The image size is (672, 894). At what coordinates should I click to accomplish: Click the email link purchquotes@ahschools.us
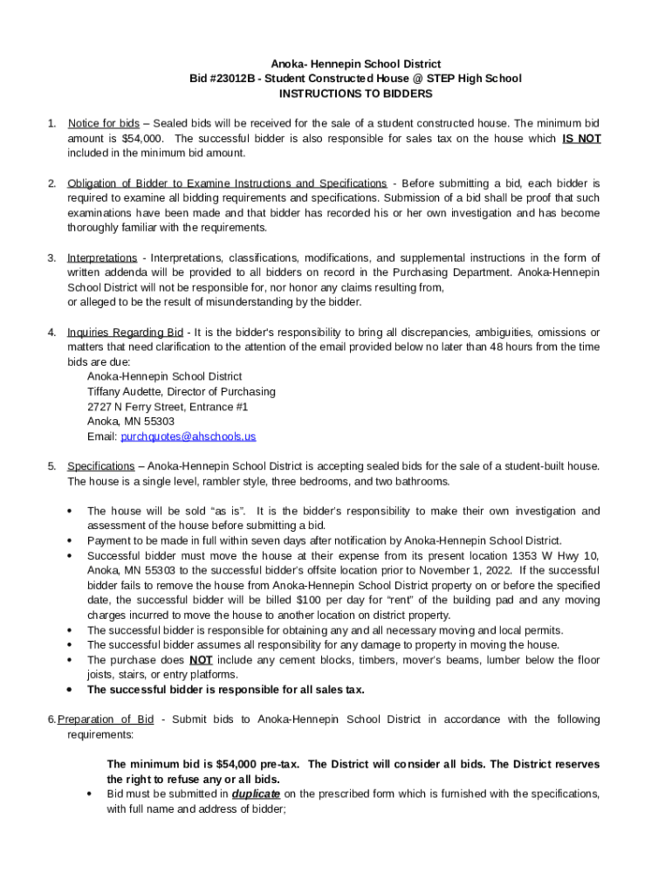coord(188,437)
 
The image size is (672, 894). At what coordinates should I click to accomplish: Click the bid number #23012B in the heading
coord(230,79)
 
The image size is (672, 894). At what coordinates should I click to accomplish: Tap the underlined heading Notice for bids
coord(103,124)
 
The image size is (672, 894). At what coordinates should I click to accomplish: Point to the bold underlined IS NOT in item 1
coord(581,139)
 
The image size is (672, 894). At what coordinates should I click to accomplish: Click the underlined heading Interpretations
coord(102,258)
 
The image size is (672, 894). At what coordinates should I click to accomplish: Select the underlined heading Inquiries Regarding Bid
coord(126,333)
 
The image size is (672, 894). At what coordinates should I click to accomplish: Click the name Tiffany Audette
coord(124,392)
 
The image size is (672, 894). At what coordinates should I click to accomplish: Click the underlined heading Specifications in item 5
coord(101,466)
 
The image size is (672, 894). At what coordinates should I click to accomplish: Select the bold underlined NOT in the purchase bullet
coord(202,660)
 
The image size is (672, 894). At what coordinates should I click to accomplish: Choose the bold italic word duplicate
coord(256,794)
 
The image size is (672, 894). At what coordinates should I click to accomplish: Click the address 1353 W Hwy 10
coord(559,556)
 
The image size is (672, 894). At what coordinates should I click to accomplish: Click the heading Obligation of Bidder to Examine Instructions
coord(227,183)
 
